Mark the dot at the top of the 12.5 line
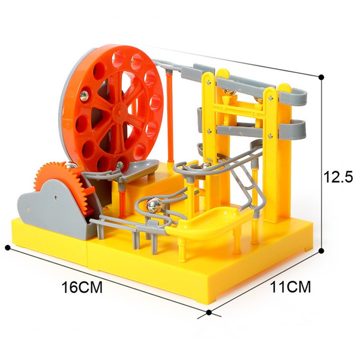click(322, 77)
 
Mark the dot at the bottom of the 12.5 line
click(322, 251)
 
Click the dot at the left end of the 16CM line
click(8, 247)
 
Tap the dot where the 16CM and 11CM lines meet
click(209, 312)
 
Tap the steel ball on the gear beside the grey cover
click(71, 166)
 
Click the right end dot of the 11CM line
click(322, 251)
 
